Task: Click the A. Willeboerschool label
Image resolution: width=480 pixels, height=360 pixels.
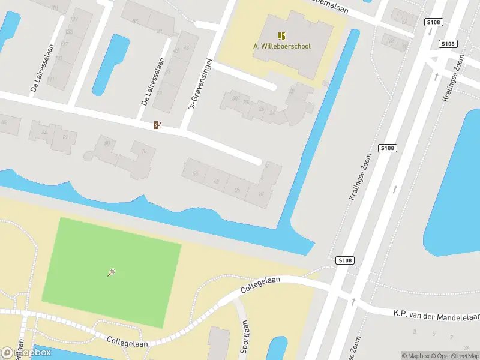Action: [281, 46]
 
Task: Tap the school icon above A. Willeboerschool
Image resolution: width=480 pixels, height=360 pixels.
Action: [281, 36]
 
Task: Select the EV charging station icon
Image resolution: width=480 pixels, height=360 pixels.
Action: [157, 125]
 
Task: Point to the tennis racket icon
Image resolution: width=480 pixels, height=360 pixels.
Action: [112, 272]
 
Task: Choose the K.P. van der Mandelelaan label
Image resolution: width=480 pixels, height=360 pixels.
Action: [437, 314]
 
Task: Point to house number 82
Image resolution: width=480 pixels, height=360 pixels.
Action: [65, 137]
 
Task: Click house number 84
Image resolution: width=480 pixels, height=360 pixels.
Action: [44, 131]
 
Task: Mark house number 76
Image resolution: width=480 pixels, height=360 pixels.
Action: [143, 151]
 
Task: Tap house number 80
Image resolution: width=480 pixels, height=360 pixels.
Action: [107, 143]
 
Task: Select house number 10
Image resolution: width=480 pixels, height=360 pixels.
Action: [261, 193]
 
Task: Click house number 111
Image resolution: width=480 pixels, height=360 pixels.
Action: [51, 79]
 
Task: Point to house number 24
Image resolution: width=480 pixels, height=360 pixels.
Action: [273, 112]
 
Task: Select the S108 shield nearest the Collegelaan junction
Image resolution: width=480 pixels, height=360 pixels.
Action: [344, 260]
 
